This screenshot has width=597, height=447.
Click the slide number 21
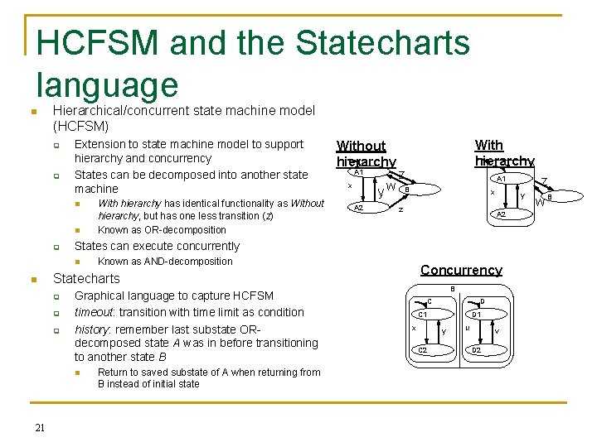click(40, 427)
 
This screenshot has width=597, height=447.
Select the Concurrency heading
click(461, 270)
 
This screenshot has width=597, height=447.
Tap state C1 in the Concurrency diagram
click(422, 315)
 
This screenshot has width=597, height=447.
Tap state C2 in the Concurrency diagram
click(422, 350)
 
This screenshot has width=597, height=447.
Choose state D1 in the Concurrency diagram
click(477, 315)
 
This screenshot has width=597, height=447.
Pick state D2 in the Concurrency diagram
click(477, 350)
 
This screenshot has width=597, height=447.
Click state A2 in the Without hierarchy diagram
click(359, 208)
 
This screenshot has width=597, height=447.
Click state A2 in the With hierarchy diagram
click(501, 214)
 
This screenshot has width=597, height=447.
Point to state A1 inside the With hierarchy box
click(500, 179)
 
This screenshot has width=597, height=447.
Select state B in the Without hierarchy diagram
click(405, 190)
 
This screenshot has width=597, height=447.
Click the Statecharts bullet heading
click(86, 278)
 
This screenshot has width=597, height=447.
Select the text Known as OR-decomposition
click(162, 230)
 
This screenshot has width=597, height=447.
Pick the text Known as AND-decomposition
click(165, 262)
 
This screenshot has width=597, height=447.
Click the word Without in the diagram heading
click(361, 146)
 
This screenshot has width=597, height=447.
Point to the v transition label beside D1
click(496, 332)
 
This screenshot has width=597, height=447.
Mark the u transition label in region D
click(468, 328)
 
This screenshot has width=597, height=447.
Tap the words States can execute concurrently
click(157, 246)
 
